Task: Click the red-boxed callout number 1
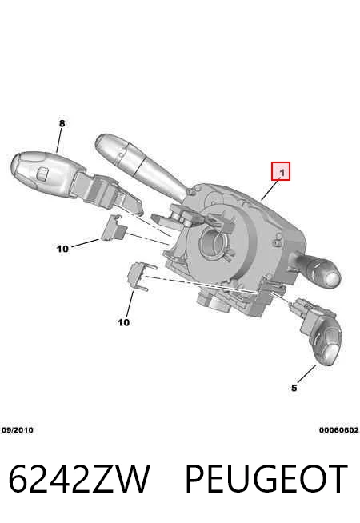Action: point(281,171)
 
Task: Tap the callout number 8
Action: point(62,123)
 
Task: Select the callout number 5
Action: point(294,388)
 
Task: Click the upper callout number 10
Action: point(62,249)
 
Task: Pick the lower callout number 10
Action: point(123,322)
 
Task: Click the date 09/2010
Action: point(18,430)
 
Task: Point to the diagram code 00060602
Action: point(338,430)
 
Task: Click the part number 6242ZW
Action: point(79,478)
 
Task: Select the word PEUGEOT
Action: point(266,478)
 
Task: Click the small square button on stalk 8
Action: point(42,173)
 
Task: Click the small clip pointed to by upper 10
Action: point(113,228)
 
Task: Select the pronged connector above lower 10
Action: point(140,277)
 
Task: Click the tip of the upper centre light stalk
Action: point(103,143)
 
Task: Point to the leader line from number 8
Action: point(59,141)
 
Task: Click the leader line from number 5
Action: point(306,374)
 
